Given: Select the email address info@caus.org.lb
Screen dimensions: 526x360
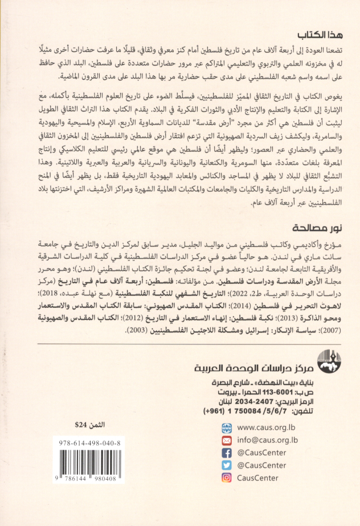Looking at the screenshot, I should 267,439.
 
